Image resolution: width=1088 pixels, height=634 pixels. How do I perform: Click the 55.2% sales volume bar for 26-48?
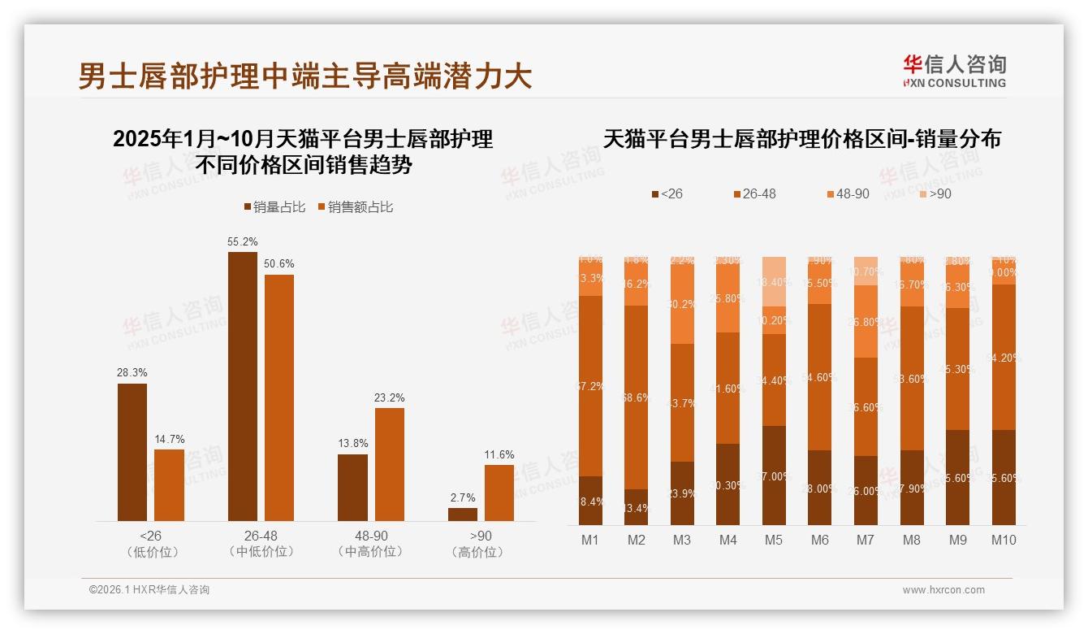click(242, 386)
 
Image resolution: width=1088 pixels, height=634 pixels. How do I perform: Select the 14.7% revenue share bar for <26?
click(169, 485)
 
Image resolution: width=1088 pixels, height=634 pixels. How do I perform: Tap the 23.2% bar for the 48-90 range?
click(389, 464)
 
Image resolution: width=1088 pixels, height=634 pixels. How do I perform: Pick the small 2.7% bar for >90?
click(463, 515)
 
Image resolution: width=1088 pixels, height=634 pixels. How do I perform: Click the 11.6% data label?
click(499, 454)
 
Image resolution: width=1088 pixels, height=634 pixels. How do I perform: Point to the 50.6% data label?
click(279, 264)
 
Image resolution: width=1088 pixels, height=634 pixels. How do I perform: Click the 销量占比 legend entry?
click(274, 207)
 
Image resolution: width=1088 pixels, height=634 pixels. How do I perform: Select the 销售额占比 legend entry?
click(356, 207)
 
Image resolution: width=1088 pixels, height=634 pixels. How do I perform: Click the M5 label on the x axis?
click(774, 540)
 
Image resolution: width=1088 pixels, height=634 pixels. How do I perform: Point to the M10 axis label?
click(1004, 540)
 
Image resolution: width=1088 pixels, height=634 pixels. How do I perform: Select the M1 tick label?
click(590, 540)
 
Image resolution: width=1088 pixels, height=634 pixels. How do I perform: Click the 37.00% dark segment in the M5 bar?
click(774, 475)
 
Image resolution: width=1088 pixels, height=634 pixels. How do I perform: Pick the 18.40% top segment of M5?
click(774, 281)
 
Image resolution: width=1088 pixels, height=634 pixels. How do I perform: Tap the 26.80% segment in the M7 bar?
click(866, 322)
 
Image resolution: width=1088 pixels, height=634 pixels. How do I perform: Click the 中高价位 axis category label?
click(370, 552)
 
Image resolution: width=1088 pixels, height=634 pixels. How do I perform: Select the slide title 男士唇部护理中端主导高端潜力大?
click(305, 76)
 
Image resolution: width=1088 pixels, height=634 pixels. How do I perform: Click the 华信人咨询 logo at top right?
click(954, 71)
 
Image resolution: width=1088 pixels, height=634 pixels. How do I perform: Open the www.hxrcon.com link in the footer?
click(943, 590)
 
